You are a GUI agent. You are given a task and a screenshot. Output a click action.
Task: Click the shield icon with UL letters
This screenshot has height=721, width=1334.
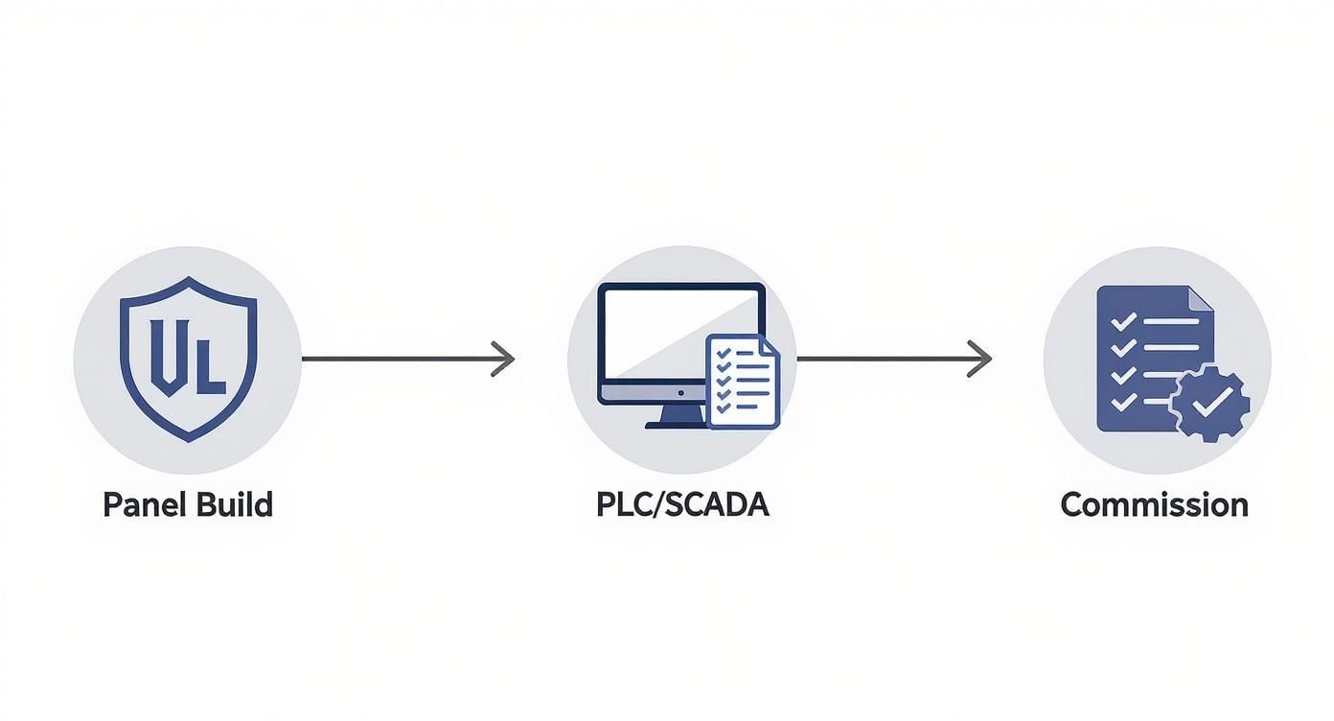[x=188, y=359]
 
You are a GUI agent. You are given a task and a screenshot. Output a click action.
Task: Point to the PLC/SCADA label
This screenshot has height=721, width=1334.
[x=682, y=504]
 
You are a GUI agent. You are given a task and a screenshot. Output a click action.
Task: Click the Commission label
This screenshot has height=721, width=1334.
[x=1155, y=504]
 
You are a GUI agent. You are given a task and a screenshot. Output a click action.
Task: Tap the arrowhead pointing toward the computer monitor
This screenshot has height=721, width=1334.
[x=503, y=359]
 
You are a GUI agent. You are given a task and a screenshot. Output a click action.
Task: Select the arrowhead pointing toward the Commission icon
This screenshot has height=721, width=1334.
[x=979, y=359]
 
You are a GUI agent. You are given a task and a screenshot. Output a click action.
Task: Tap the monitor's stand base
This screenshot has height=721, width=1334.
[x=676, y=425]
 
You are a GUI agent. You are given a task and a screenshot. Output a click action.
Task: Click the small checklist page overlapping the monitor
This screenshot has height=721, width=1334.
[x=743, y=382]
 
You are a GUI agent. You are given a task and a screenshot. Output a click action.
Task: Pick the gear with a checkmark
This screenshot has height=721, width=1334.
[x=1210, y=404]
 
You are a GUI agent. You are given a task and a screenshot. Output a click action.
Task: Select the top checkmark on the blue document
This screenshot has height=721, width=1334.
[x=1123, y=322]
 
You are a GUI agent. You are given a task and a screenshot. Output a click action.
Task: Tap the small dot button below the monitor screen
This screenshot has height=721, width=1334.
[x=680, y=393]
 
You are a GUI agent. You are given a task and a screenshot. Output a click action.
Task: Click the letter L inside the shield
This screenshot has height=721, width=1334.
[x=210, y=366]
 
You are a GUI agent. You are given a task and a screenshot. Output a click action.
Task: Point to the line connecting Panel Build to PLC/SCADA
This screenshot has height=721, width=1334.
[x=408, y=359]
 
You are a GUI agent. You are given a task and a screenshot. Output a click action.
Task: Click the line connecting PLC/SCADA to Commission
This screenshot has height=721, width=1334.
[x=895, y=359]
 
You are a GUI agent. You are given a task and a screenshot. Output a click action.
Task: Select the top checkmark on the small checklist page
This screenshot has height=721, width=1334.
[x=724, y=353]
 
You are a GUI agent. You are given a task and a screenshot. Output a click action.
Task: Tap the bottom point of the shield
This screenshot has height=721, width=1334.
[x=188, y=442]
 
